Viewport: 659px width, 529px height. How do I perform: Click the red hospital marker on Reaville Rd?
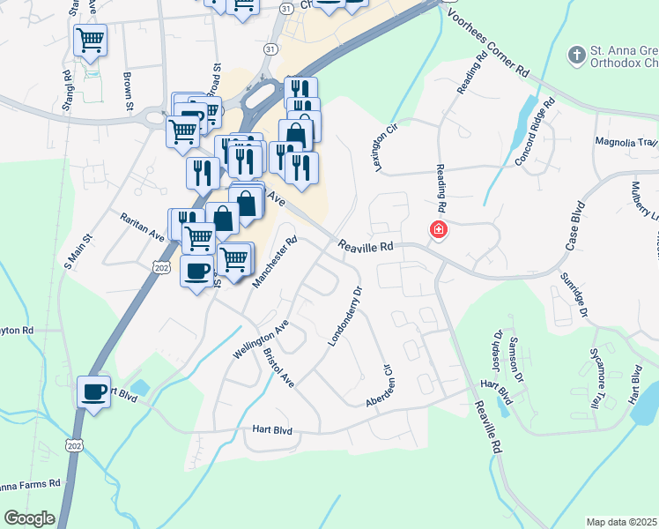coord(437,231)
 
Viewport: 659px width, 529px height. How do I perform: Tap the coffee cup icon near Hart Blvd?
coord(93,391)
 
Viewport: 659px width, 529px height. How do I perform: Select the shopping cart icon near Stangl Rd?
coord(90,40)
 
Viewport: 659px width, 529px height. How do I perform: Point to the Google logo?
coord(29,518)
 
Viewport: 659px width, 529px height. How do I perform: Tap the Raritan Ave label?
coord(143,226)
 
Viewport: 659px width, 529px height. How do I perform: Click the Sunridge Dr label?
coord(574,294)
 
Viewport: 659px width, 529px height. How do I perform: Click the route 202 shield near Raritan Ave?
coord(161,266)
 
